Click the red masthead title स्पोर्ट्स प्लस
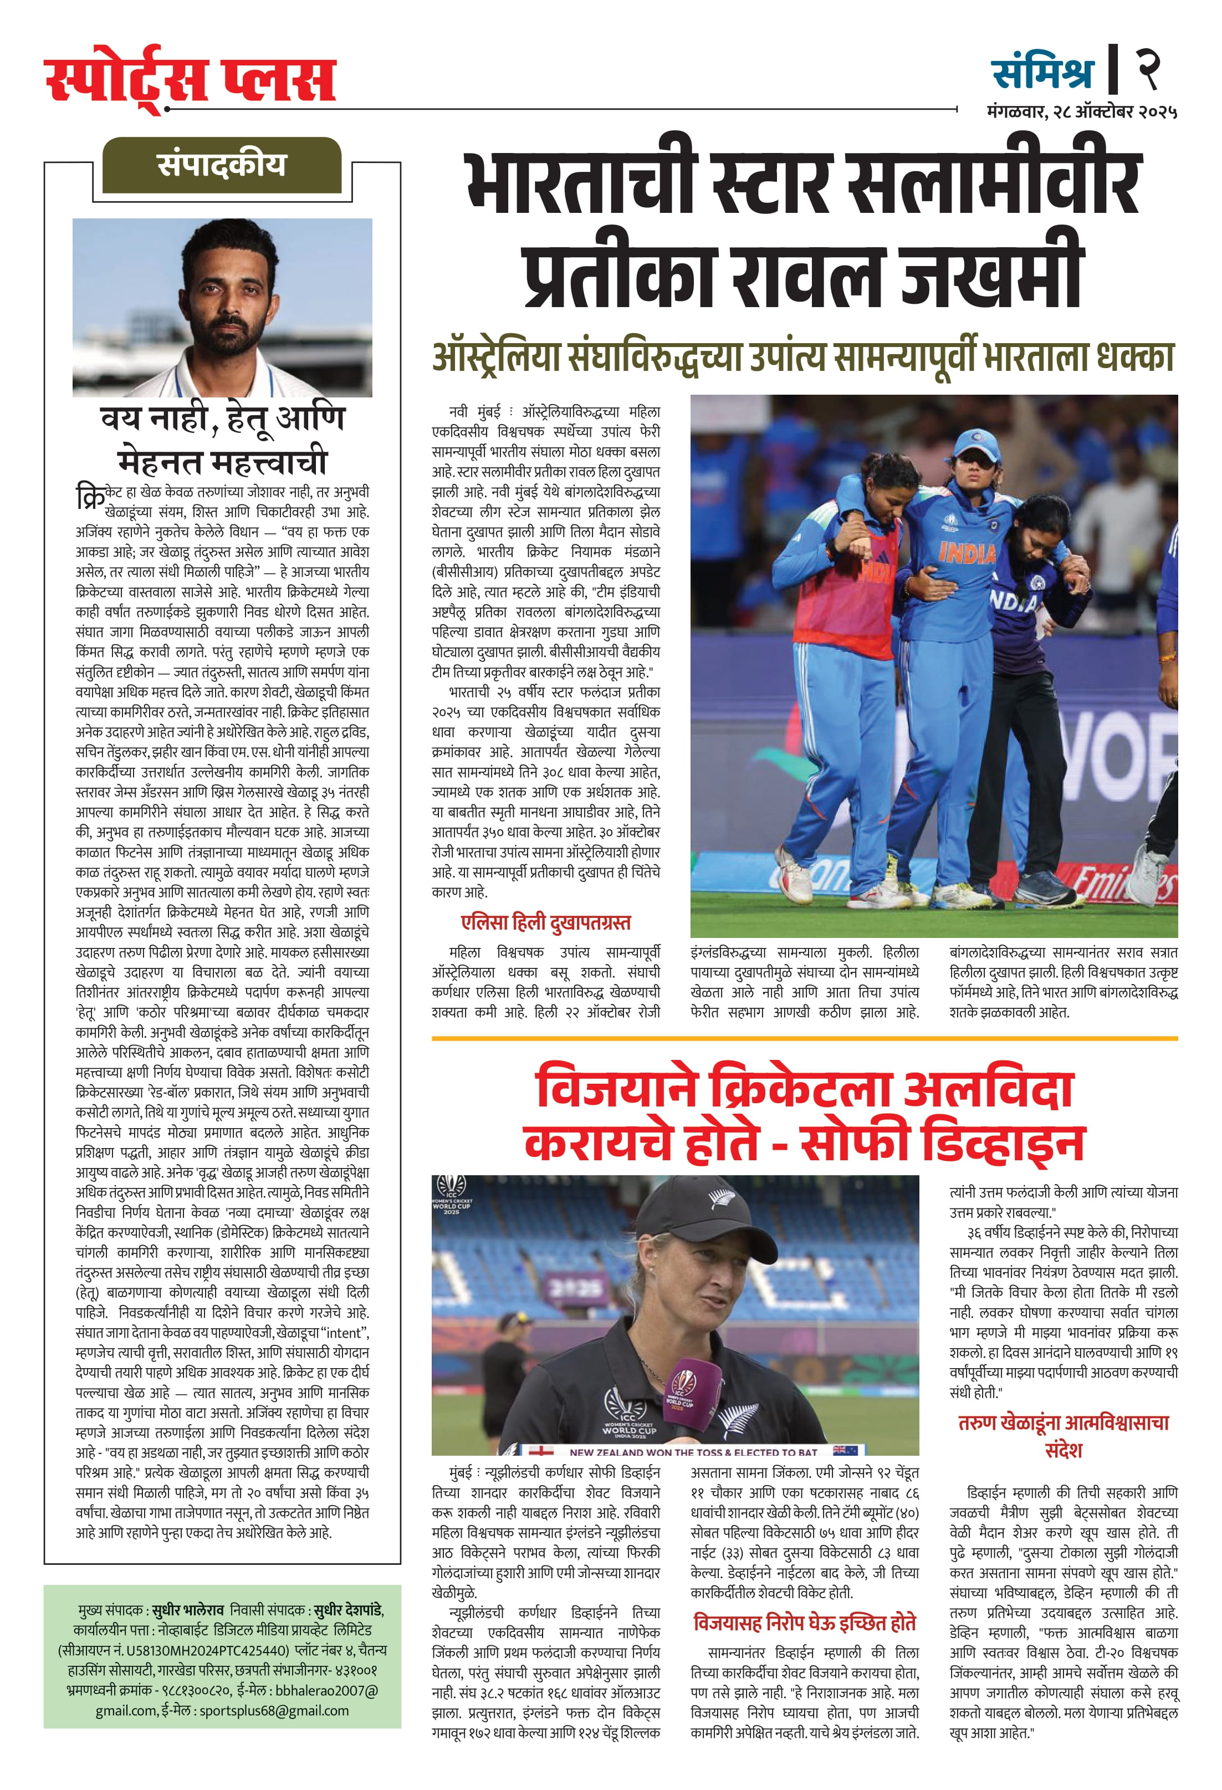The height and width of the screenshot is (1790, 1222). (190, 79)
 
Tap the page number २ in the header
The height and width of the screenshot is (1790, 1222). (1149, 70)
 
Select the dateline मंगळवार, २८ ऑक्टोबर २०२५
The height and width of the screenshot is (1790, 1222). (1081, 113)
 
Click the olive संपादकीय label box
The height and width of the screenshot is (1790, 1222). (222, 165)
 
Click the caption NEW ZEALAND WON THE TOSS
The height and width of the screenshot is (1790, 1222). (692, 1452)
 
